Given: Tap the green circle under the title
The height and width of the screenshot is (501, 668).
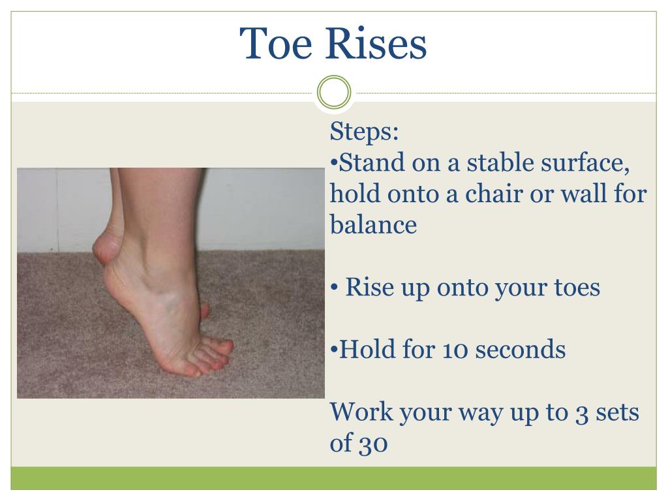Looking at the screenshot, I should point(333,92).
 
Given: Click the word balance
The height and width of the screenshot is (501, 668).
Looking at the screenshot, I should point(373,225).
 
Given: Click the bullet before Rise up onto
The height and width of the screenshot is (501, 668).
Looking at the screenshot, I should point(334,287).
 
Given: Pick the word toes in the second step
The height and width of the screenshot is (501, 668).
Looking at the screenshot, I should point(575,287).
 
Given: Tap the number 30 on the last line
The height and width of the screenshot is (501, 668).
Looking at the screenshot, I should point(373,444).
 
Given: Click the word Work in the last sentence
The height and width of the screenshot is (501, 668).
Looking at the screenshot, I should point(361,412).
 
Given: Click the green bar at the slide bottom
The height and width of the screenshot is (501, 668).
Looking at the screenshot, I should point(333,478).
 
